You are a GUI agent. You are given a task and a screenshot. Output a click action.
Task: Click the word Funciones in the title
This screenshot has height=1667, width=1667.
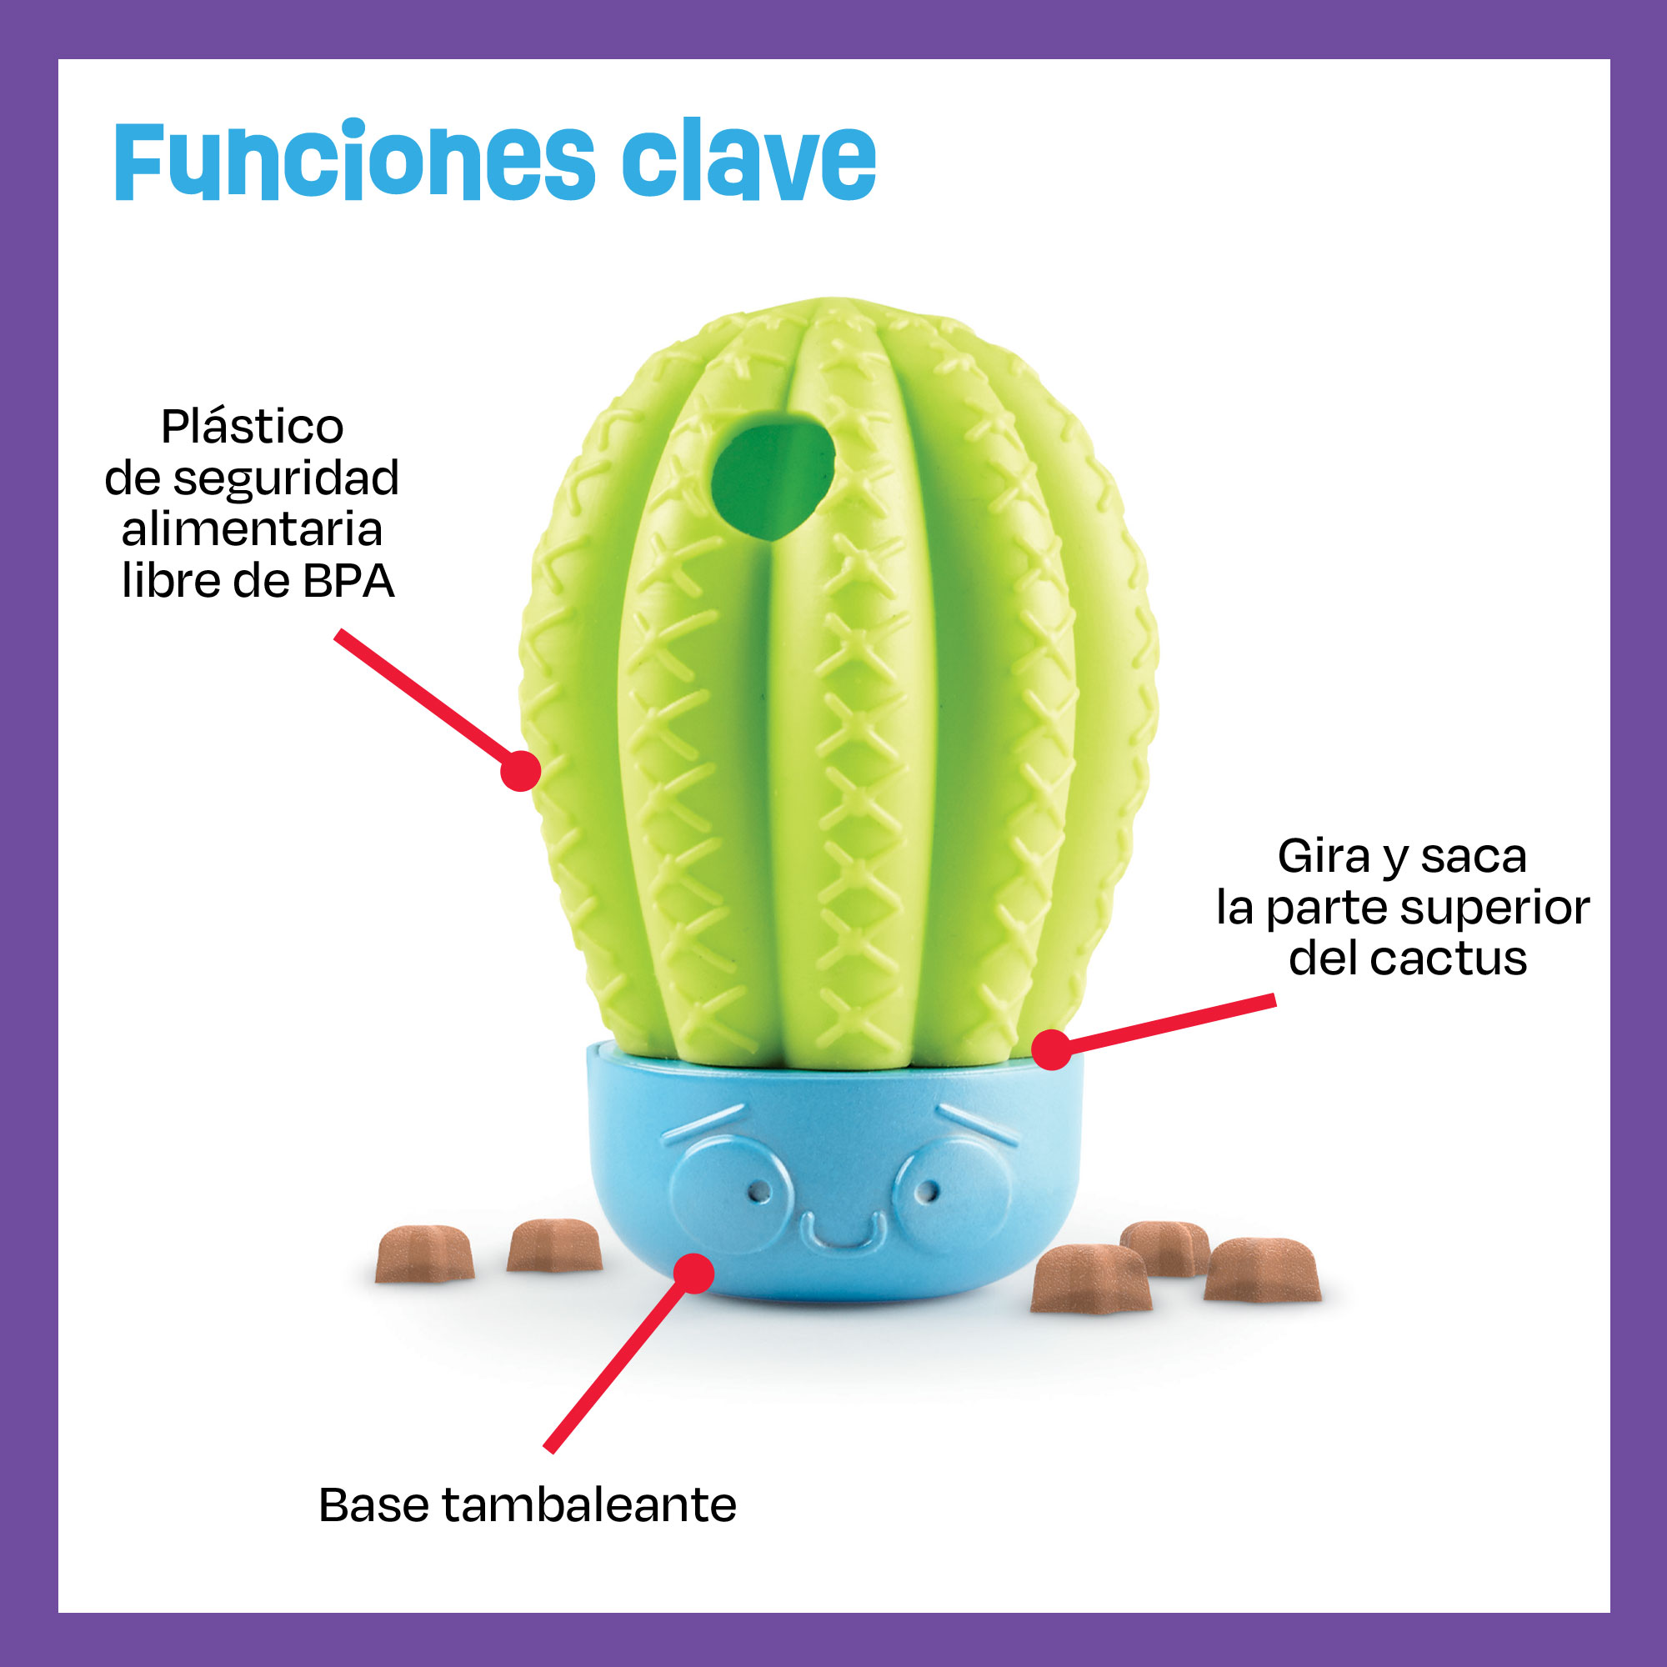coord(353,163)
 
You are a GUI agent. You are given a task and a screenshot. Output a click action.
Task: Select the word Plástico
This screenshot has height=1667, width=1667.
coord(252,426)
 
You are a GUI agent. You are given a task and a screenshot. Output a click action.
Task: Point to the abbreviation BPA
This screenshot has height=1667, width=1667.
coord(348,582)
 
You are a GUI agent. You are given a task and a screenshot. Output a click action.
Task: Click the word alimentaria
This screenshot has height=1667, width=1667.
coord(252,529)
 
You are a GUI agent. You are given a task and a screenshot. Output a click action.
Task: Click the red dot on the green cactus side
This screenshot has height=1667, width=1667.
coord(520,770)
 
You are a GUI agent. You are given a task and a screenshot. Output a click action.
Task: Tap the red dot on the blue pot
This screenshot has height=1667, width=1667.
coord(693,1274)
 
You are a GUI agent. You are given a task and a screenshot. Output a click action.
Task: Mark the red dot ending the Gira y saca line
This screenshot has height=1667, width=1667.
coord(1052,1050)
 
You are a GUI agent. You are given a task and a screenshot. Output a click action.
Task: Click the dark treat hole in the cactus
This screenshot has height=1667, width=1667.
coord(770,475)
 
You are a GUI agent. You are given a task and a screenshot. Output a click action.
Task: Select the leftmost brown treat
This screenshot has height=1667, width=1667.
coord(424,1254)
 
